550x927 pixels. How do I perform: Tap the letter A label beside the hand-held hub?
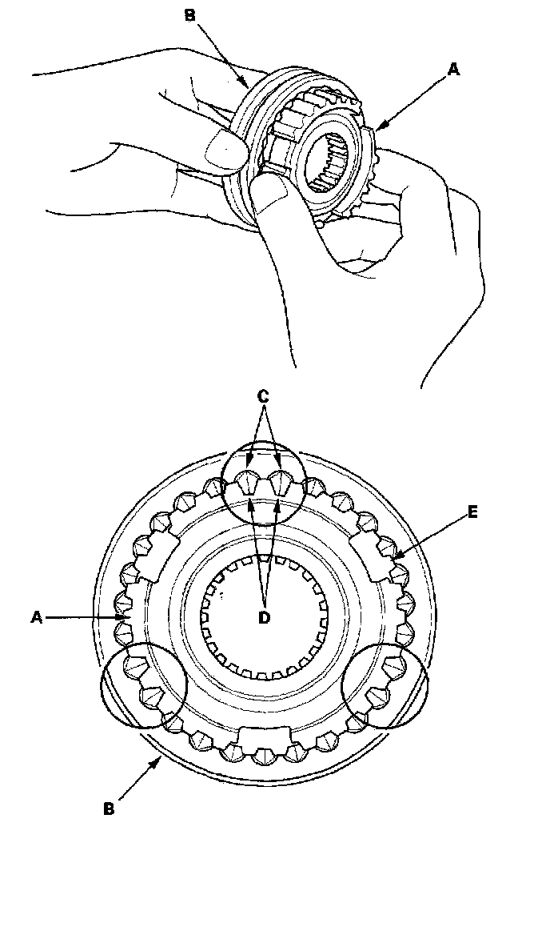[x=453, y=70]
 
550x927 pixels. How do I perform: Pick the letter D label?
[x=265, y=616]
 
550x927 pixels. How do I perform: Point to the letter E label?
[x=473, y=513]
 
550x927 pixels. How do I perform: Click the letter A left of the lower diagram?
[x=37, y=616]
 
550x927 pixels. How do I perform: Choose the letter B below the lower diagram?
[x=110, y=809]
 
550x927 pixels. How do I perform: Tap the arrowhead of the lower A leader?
[x=126, y=617]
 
